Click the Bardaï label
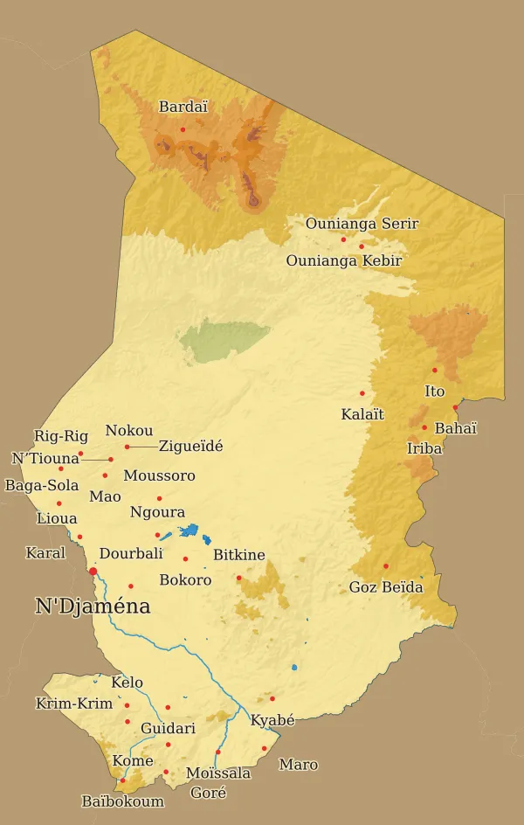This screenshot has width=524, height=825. [x=183, y=107]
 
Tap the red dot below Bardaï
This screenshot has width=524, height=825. [x=183, y=129]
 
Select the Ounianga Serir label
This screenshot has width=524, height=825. [x=362, y=224]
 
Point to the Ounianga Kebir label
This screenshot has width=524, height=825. [x=343, y=260]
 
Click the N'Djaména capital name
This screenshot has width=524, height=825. [x=93, y=607]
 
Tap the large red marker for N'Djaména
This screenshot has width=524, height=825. [x=93, y=571]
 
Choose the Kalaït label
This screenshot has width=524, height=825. [x=362, y=414]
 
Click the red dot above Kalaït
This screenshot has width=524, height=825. [x=362, y=393]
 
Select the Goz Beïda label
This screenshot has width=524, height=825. [x=386, y=587]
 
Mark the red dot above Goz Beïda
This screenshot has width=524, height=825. [x=386, y=565]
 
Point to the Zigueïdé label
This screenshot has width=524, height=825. [x=190, y=446]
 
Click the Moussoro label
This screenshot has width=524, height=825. [x=159, y=476]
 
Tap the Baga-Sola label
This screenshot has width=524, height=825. [x=42, y=485]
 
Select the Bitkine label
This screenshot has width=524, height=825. [x=238, y=555]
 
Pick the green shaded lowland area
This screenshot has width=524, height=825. [x=223, y=340]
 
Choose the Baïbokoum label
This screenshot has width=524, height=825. [x=122, y=801]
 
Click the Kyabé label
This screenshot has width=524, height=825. [x=272, y=721]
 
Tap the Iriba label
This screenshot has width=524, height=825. [x=424, y=449]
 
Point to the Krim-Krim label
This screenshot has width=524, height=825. [x=74, y=704]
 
